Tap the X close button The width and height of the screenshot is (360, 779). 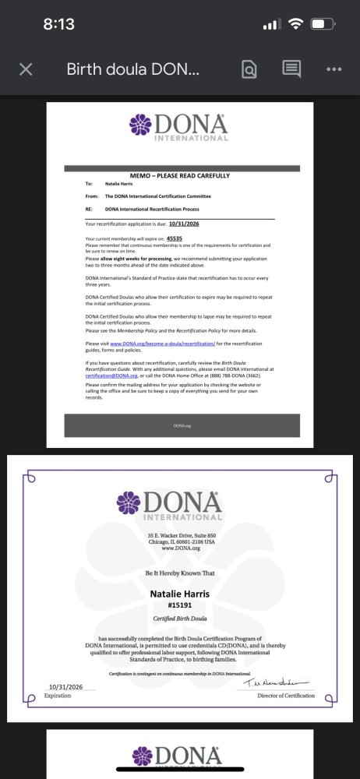[26, 69]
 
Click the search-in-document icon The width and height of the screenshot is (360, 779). [249, 69]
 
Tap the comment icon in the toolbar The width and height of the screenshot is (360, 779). [291, 69]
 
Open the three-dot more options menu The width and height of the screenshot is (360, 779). [334, 69]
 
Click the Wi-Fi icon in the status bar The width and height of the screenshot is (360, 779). [295, 24]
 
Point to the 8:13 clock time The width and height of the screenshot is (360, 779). [58, 24]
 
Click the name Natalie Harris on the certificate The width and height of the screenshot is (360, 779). [179, 594]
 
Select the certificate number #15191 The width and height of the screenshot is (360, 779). [179, 605]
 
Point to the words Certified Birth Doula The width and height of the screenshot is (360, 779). [179, 620]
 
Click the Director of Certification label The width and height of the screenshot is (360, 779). [286, 696]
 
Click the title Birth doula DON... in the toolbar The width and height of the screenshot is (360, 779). [133, 69]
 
